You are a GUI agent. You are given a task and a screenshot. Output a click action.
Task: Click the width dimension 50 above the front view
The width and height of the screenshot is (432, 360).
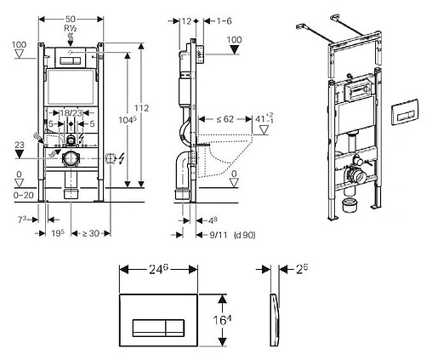pos(71,18)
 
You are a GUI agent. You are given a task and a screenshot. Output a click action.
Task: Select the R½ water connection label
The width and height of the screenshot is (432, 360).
pos(71,28)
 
